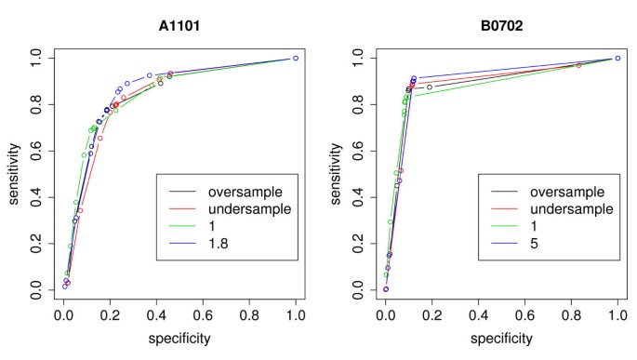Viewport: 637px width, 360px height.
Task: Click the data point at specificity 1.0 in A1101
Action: point(296,58)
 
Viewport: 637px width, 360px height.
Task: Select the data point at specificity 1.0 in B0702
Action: point(617,58)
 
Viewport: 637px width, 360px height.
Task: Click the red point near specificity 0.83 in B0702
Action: point(578,65)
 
